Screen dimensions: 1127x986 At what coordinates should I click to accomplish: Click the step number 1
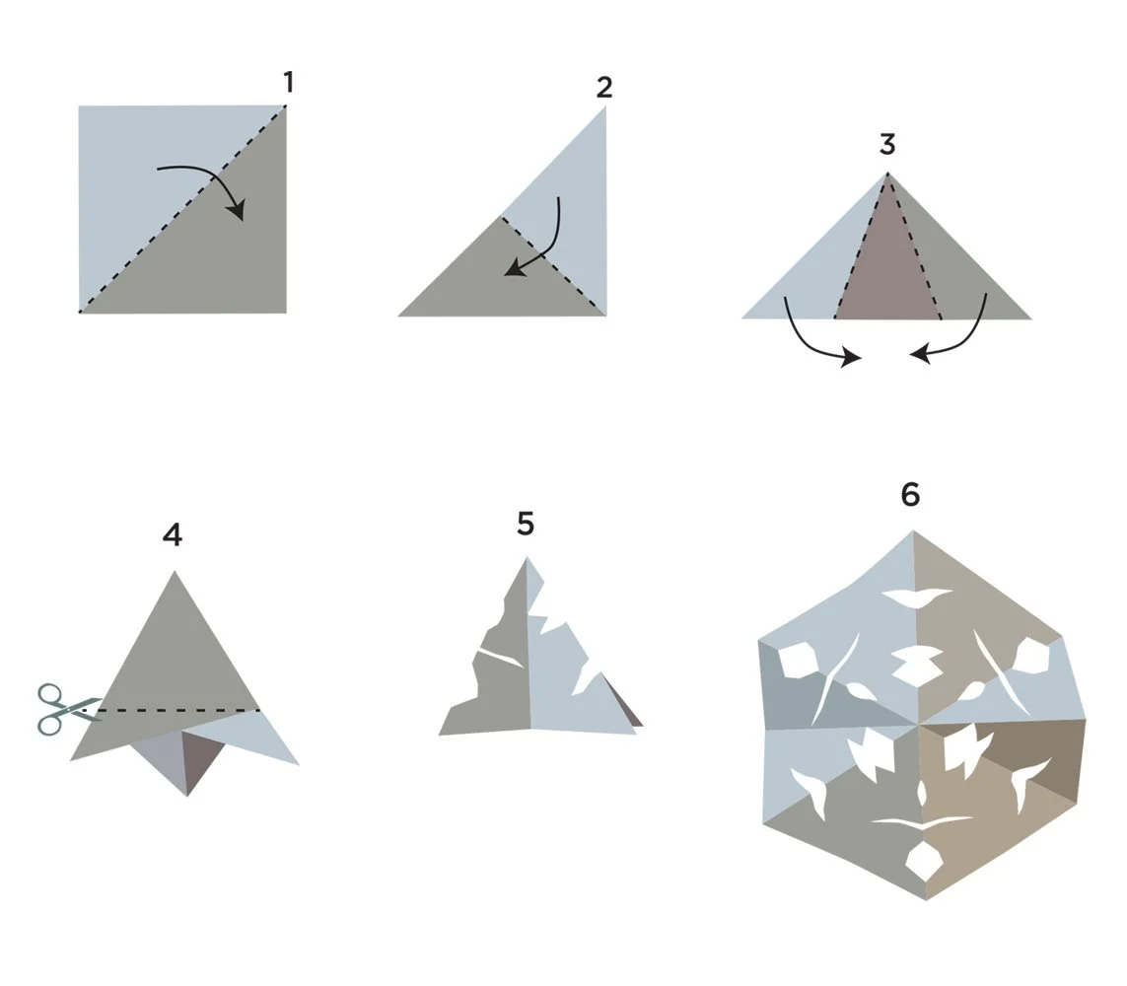point(288,83)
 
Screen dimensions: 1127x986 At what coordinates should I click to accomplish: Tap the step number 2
point(604,87)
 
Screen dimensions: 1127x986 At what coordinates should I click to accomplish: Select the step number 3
point(887,145)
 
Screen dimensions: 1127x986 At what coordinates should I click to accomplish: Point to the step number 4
point(173,534)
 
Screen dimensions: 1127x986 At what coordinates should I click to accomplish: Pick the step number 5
point(526,524)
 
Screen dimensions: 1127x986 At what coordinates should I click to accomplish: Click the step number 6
point(910,494)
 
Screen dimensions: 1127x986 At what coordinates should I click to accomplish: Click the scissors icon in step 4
point(68,709)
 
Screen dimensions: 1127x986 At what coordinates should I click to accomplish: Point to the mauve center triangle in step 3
point(888,273)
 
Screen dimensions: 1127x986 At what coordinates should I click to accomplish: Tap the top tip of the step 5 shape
point(527,557)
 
